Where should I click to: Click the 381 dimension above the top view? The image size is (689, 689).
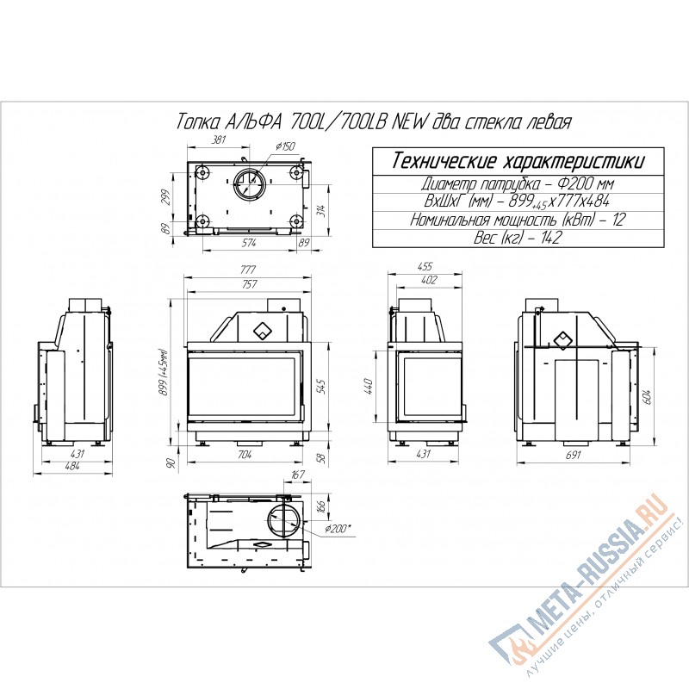219,140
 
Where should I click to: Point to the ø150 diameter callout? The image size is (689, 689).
285,146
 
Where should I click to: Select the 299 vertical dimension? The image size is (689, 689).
165,197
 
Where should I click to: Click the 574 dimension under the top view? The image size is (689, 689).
249,243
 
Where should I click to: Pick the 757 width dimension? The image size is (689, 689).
249,284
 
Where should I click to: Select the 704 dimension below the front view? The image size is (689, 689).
245,455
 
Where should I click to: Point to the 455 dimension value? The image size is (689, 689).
425,266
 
